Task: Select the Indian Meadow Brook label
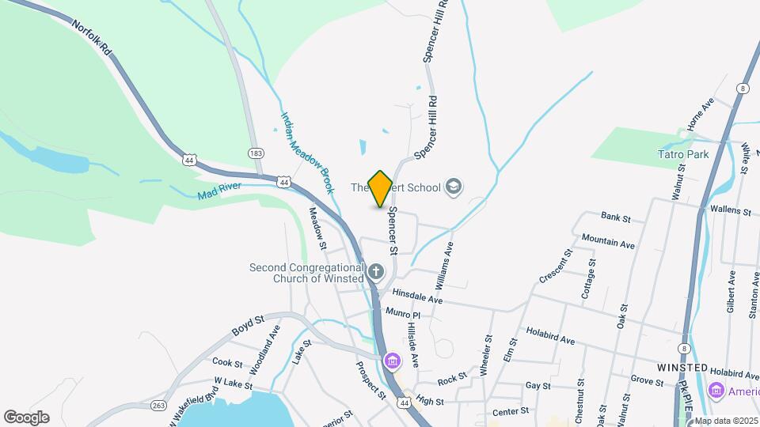pos(306,152)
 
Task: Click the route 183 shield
pos(256,153)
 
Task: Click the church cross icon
pos(375,273)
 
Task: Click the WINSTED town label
pos(682,368)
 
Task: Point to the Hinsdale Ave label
pos(419,300)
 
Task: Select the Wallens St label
pos(731,211)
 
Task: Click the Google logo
pos(26,417)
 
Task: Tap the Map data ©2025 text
pos(726,421)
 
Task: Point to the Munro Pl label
pos(401,314)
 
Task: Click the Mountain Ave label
pos(608,241)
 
